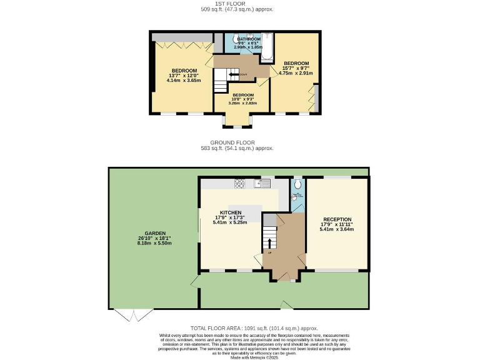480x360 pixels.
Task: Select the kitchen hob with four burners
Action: point(239,183)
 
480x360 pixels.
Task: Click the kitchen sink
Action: point(262,183)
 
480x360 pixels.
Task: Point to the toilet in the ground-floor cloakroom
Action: point(297,185)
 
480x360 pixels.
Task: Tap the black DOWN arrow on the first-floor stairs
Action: point(233,74)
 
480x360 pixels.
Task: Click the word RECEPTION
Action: point(337,219)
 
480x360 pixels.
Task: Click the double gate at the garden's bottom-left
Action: point(135,315)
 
